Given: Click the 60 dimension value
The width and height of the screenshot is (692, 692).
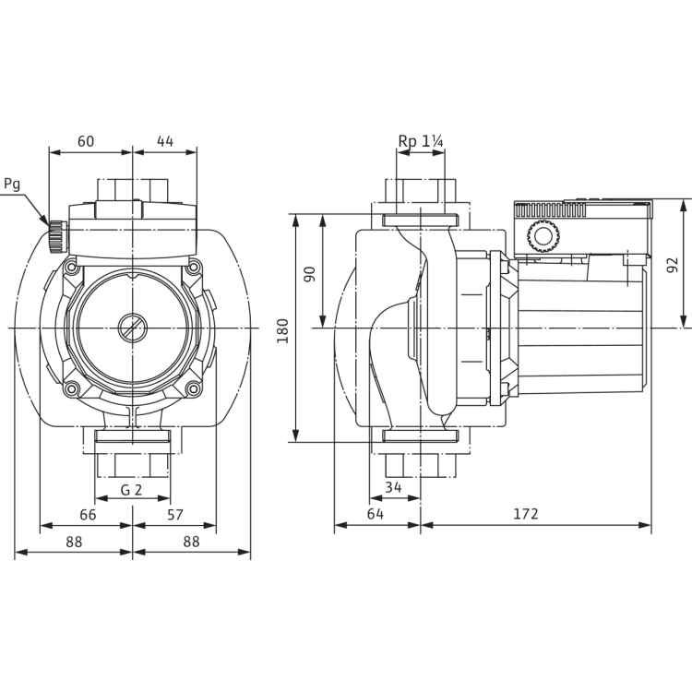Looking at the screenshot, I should tap(86, 141).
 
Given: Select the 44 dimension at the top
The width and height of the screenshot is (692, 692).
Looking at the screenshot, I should tap(165, 141).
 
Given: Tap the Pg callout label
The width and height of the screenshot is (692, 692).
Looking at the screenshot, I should tap(12, 184).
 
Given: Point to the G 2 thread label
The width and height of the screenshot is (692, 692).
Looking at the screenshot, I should tap(132, 488).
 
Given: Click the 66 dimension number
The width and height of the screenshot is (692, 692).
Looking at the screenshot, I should tap(87, 515).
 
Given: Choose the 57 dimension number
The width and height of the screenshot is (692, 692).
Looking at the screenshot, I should tap(174, 515).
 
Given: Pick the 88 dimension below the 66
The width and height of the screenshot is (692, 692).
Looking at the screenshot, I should tap(75, 543).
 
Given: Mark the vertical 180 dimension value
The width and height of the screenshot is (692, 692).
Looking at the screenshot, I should tap(283, 328).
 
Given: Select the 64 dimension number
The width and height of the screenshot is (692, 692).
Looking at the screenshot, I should tap(376, 515).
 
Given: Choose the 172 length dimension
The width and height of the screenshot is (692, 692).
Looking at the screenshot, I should tap(528, 515).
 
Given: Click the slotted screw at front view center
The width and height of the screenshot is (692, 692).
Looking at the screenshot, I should tap(132, 328).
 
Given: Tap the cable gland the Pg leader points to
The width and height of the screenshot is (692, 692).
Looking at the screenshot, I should tap(56, 236).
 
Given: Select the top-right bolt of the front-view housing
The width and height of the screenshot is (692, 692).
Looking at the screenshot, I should tap(195, 266).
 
